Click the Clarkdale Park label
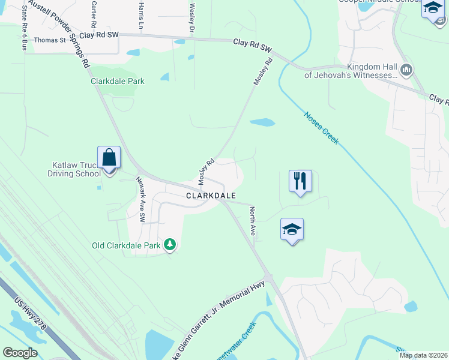(x=118, y=81)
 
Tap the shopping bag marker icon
(x=109, y=158)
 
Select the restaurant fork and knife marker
(x=300, y=181)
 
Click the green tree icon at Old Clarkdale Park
(x=170, y=244)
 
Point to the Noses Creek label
(x=321, y=128)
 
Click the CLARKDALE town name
(x=210, y=196)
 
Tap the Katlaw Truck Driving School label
(x=74, y=169)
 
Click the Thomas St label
(x=50, y=40)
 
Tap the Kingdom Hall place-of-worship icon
(x=406, y=71)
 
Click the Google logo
(x=20, y=353)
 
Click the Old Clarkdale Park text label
(x=127, y=245)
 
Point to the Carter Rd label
(x=93, y=15)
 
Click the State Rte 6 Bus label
(x=23, y=28)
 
